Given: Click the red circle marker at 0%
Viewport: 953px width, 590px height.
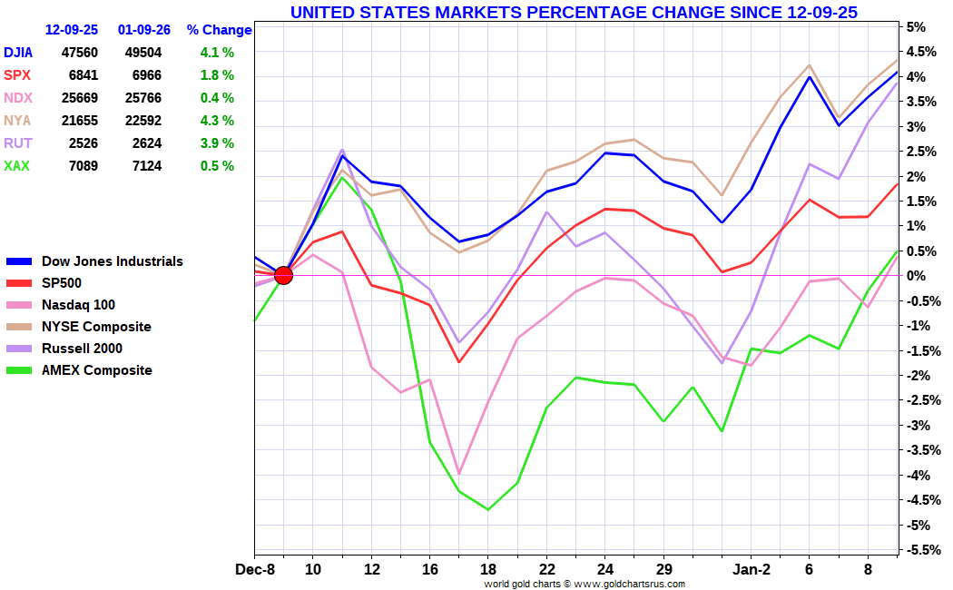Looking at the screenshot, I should click(283, 275).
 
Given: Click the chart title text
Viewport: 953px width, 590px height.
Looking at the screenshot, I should click(573, 12).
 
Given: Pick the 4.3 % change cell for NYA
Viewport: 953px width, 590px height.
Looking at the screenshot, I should click(217, 121).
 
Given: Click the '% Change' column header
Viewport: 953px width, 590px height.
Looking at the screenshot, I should click(220, 30).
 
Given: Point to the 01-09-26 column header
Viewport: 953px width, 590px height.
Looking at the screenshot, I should click(144, 30).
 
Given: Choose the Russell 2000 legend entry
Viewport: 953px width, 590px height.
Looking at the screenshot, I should click(82, 349).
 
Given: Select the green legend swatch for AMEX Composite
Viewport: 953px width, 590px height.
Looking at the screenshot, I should click(20, 370).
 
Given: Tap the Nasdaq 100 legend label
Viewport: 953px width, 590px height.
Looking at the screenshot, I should click(78, 305).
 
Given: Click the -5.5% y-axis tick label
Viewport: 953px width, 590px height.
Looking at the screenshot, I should click(919, 550).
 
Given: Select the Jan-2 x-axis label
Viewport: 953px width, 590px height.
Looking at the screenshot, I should click(751, 570).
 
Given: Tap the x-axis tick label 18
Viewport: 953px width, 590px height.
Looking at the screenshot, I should click(487, 570).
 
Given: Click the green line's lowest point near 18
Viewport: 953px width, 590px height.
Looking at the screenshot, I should click(487, 509).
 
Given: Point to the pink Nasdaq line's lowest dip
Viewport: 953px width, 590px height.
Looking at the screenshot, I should click(459, 474).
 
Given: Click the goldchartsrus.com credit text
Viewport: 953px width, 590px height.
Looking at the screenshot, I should click(584, 584).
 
